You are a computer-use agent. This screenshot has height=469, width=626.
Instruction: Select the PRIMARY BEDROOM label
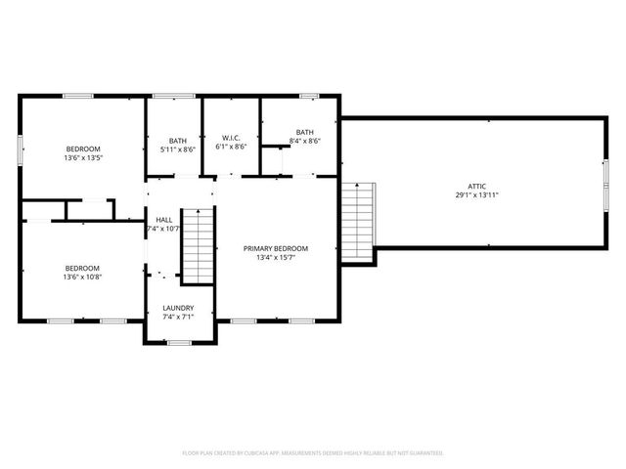pos(276,248)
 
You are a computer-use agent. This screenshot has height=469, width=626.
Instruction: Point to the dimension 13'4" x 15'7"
pos(276,259)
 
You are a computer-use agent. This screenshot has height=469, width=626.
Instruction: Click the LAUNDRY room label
pos(178,308)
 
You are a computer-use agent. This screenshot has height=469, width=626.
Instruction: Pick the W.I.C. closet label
pos(232,138)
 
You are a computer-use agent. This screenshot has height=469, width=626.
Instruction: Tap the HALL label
pos(164,220)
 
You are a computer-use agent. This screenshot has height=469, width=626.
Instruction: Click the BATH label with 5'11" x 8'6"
pos(177,140)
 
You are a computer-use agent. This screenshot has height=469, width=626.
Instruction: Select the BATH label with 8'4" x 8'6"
pos(305,132)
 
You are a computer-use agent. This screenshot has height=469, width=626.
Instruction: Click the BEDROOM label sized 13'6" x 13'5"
pos(83,149)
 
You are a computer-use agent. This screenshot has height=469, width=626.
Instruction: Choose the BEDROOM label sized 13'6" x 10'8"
pos(83,268)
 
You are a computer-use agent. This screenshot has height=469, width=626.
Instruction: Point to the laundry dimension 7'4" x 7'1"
pos(178,318)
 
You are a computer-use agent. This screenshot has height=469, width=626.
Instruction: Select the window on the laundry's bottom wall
pos(178,342)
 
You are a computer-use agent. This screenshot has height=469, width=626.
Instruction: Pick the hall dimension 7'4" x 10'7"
pos(164,230)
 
